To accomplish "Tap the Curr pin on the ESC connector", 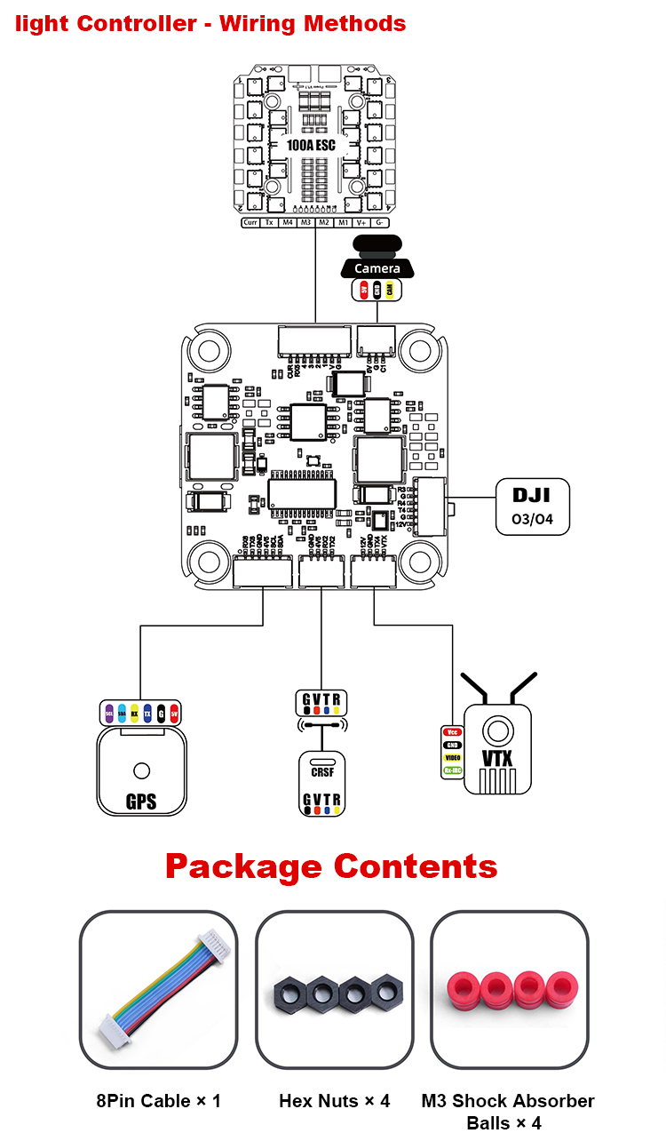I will pyautogui.click(x=250, y=222).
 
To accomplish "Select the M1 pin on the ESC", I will pyautogui.click(x=343, y=222).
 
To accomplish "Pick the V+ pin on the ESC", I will pyautogui.click(x=361, y=222).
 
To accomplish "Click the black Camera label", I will pyautogui.click(x=377, y=267).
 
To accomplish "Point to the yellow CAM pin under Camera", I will pyautogui.click(x=392, y=290).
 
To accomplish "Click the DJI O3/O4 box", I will pyautogui.click(x=532, y=507).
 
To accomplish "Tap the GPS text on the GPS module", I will pyautogui.click(x=141, y=802).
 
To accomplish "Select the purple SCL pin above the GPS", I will pyautogui.click(x=108, y=714).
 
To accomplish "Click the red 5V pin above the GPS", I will pyautogui.click(x=174, y=714).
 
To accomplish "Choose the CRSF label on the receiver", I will pyautogui.click(x=321, y=772).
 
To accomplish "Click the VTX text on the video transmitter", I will pyautogui.click(x=496, y=758).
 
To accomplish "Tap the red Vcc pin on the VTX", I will pyautogui.click(x=452, y=731).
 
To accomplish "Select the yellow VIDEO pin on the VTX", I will pyautogui.click(x=452, y=758).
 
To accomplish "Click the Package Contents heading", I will pyautogui.click(x=331, y=866).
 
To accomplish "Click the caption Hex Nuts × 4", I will pyautogui.click(x=334, y=1101).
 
